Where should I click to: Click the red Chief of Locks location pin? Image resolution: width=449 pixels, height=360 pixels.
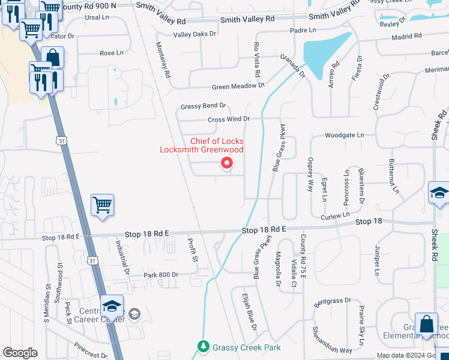coord(227,163)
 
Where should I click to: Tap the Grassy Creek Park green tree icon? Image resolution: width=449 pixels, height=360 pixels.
coord(204,347)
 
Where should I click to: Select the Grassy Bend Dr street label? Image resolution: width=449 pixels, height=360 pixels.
coord(203,106)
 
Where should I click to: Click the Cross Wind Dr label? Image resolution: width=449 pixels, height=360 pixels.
coord(228,119)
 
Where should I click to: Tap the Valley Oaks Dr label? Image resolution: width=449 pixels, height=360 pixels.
coord(194,34)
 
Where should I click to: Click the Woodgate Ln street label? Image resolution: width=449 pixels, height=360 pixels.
coord(344,136)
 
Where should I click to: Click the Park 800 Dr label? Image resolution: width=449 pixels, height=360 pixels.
coord(161,275)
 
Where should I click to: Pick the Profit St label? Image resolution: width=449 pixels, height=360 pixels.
coord(193,259)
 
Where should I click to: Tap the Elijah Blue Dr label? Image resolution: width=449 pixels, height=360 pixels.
coord(249,312)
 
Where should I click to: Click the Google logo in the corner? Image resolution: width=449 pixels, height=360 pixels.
coord(20,353)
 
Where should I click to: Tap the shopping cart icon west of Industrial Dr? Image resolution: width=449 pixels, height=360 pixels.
coord(102,205)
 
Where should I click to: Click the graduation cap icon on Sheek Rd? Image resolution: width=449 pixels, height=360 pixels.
coord(438,193)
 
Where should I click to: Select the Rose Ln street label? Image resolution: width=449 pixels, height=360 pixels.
coord(111,53)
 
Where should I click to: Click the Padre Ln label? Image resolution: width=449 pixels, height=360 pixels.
coord(303,30)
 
